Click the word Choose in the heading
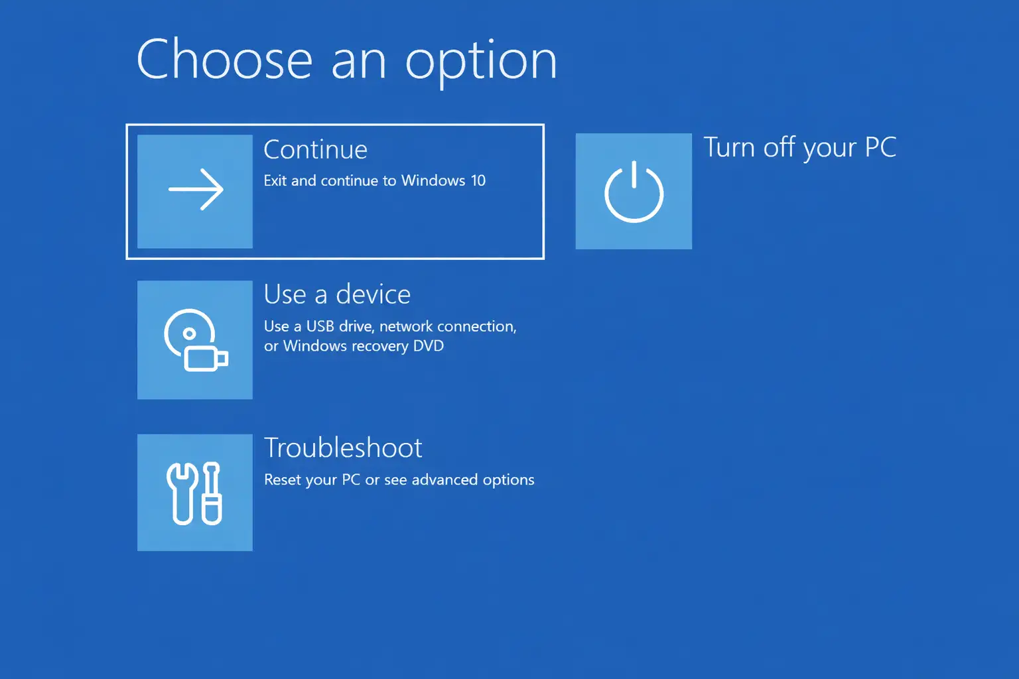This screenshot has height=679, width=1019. point(224,60)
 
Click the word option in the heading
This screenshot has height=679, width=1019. point(481,62)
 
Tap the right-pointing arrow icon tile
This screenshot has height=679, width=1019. point(195,191)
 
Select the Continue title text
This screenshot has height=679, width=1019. point(315,150)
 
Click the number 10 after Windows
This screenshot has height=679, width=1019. point(478,180)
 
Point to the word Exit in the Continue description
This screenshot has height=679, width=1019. point(275,180)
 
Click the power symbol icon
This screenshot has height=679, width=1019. point(634,192)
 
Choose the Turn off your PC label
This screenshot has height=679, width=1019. point(799,147)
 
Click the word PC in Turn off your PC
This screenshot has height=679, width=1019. point(880,147)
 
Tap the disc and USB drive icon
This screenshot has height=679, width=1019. point(195,339)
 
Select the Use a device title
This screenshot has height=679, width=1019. point(337,294)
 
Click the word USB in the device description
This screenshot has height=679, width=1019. point(320,326)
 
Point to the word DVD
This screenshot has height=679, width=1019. point(429,345)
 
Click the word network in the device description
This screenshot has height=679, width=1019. point(405,326)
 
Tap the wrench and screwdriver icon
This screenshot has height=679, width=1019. point(195,493)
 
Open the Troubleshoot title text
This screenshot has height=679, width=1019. point(343,448)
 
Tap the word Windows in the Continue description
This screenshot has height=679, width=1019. point(433,180)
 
